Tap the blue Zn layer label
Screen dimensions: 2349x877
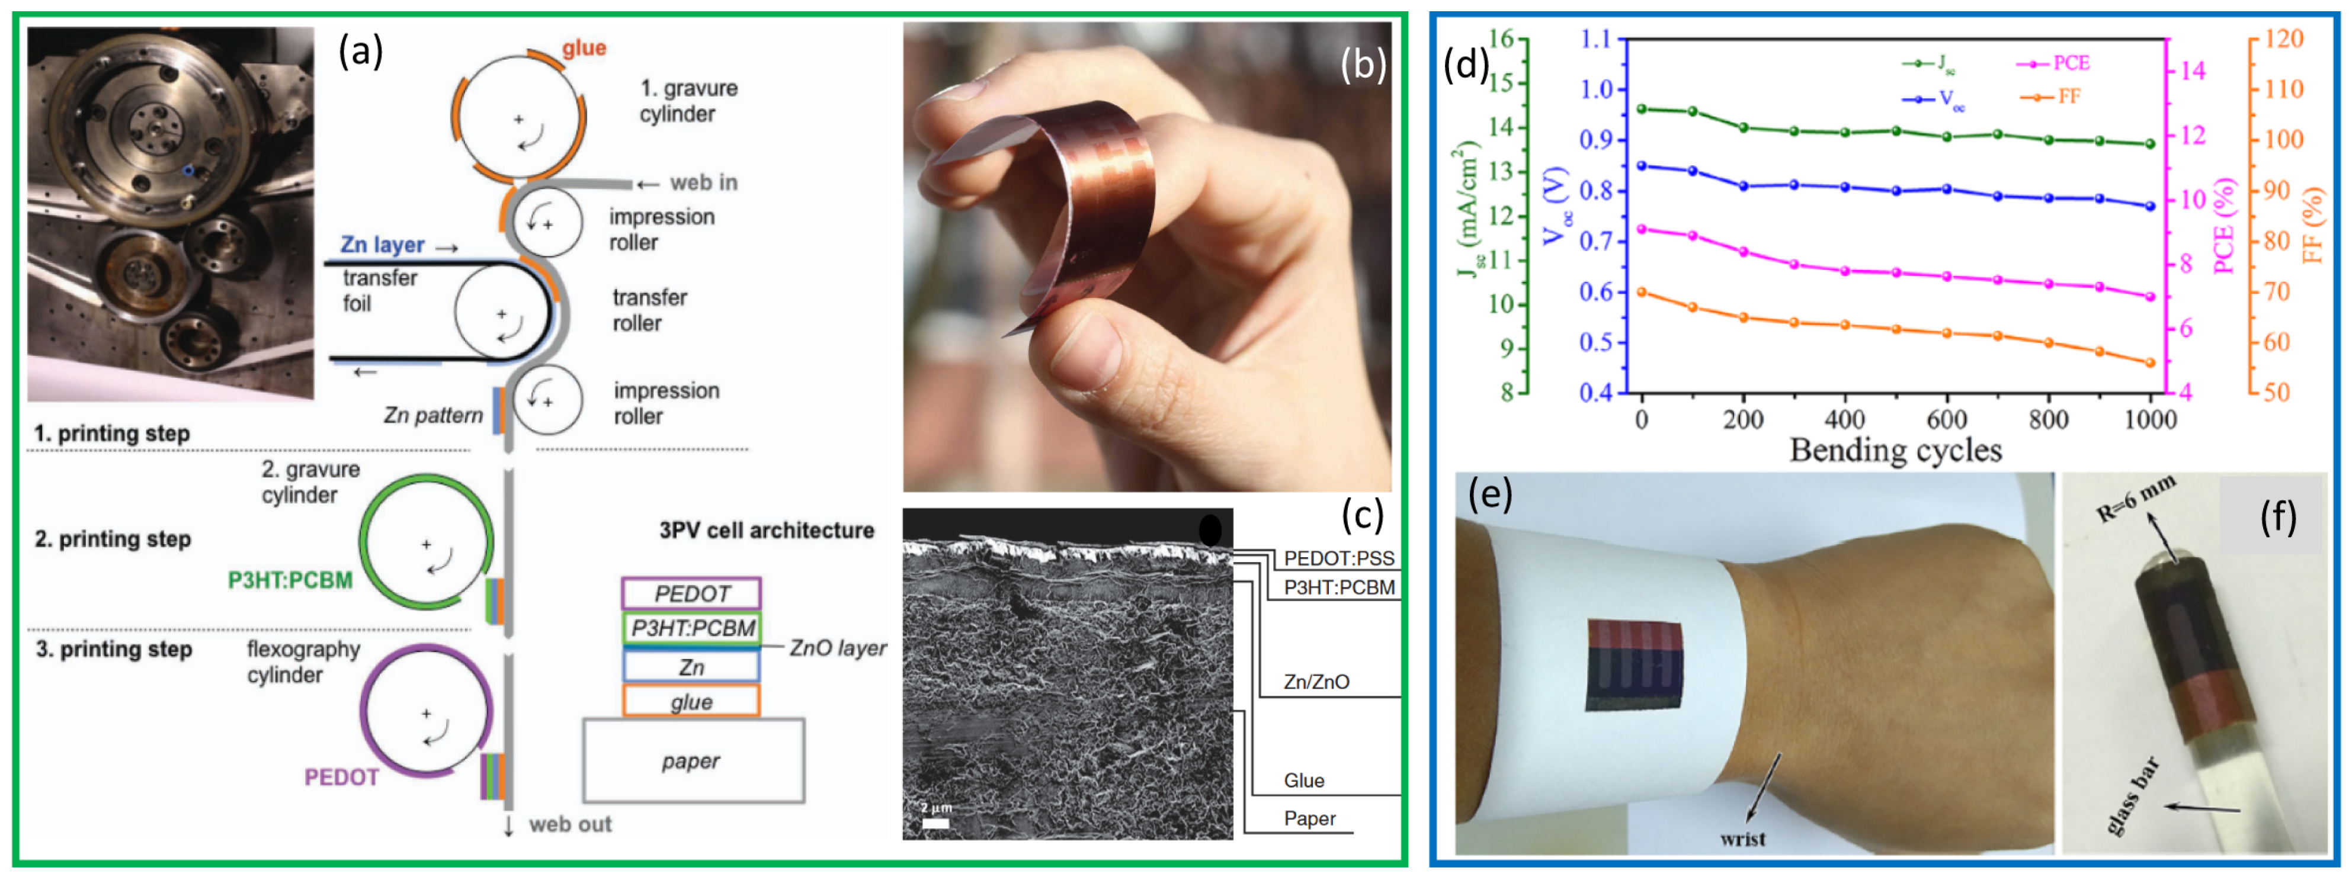point(382,245)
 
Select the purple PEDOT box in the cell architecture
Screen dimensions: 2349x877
point(691,593)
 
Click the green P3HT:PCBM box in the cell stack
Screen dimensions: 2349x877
point(691,628)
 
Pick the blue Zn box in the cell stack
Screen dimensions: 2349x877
point(691,666)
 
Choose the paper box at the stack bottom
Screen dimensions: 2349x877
point(693,760)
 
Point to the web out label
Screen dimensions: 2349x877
point(570,824)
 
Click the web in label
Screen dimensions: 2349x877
point(703,182)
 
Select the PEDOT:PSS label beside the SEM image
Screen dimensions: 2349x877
point(1339,558)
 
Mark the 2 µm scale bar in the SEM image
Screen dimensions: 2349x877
point(935,823)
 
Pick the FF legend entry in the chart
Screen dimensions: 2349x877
point(2050,97)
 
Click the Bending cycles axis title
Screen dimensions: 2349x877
point(1896,451)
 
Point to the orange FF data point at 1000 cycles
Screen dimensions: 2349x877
point(2149,363)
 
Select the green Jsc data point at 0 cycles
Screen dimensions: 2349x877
point(1642,108)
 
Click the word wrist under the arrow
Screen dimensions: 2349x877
point(1742,839)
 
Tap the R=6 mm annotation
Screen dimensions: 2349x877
point(2136,498)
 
